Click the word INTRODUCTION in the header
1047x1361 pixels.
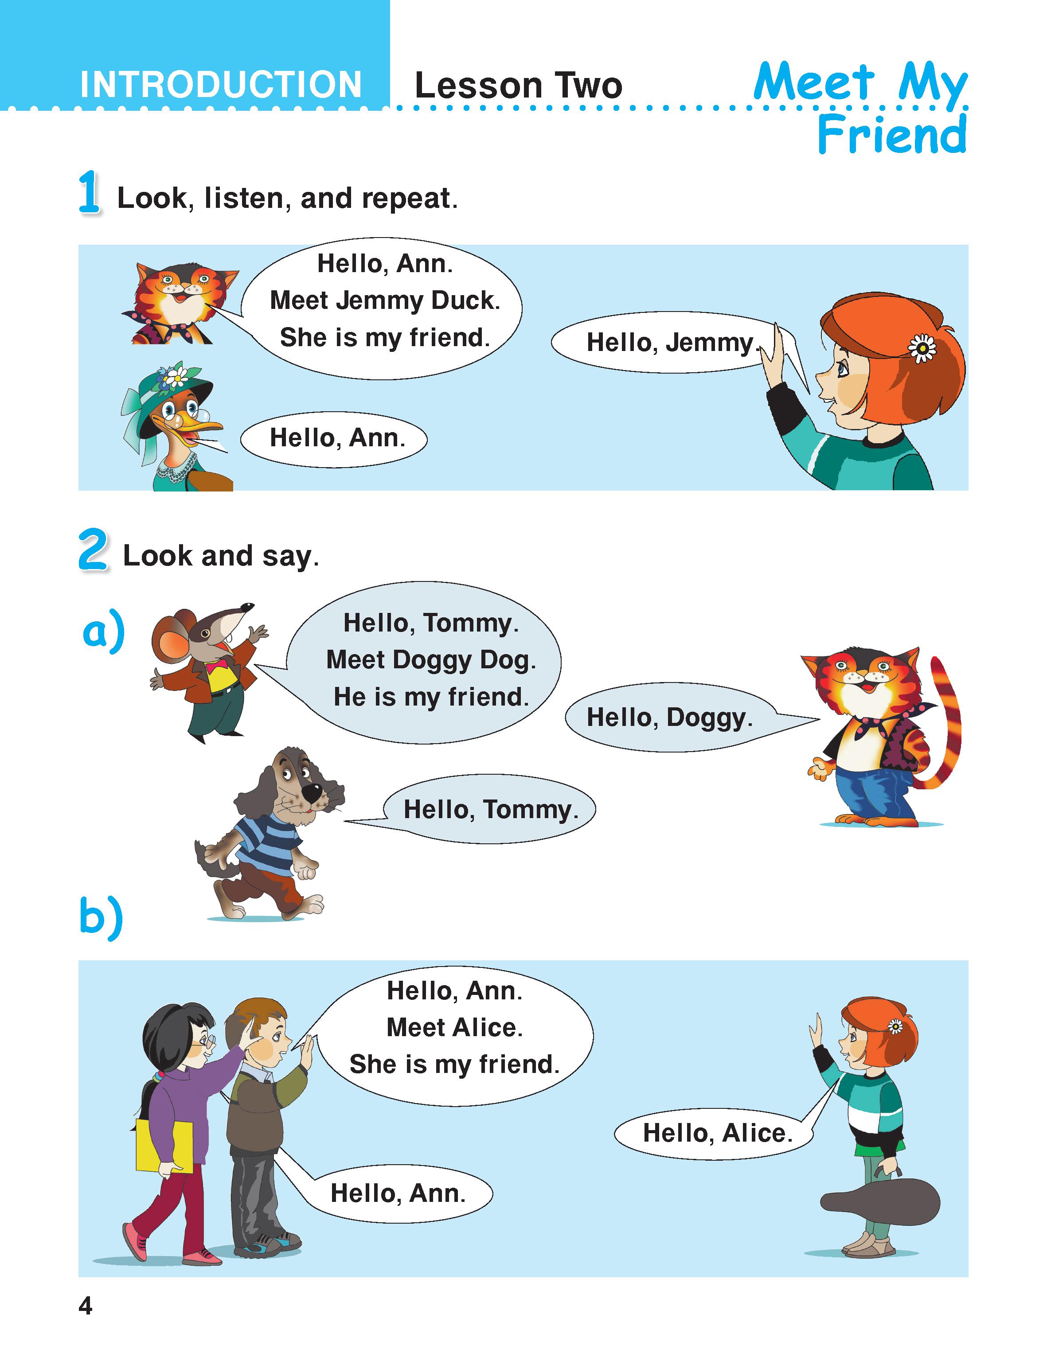(x=221, y=84)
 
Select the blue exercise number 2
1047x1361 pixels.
(x=93, y=549)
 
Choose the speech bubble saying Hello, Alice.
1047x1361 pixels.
(x=717, y=1132)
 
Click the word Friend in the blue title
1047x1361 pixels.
(x=892, y=134)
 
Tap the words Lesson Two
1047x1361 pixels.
(x=519, y=86)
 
